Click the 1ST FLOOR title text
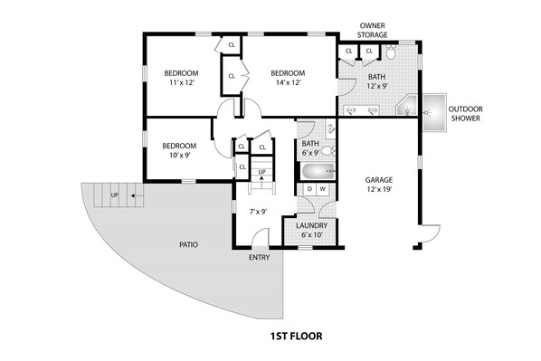[x=297, y=336]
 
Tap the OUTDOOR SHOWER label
[x=465, y=113]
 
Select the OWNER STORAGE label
[x=372, y=31]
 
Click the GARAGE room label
[x=379, y=180]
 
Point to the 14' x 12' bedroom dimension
[x=289, y=82]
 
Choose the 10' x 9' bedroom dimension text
[x=180, y=156]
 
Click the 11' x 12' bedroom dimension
[x=182, y=82]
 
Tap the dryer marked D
[x=309, y=189]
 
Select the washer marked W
[x=323, y=189]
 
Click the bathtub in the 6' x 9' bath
[x=318, y=172]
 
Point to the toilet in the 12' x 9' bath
[x=391, y=52]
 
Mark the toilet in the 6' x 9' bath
[x=328, y=151]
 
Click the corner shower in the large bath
[x=406, y=105]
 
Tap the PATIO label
[x=189, y=244]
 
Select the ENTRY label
[x=259, y=258]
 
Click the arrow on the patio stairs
[x=138, y=195]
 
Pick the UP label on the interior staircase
[x=261, y=172]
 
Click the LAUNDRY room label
[x=311, y=225]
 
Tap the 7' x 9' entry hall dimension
[x=258, y=212]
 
